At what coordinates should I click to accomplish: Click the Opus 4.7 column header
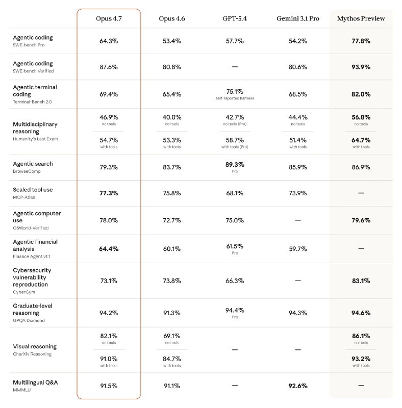coord(109,18)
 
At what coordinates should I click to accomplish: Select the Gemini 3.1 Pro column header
coord(298,18)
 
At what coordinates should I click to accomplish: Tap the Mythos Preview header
coord(361,18)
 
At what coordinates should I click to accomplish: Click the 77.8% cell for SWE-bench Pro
coord(361,40)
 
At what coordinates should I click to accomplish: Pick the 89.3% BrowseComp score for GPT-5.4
coord(235,165)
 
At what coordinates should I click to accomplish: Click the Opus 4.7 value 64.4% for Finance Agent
coord(109,249)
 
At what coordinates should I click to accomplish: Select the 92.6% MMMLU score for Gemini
coord(298,386)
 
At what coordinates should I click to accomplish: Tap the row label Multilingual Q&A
coord(35,382)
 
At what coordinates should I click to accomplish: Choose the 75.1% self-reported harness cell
coord(235,92)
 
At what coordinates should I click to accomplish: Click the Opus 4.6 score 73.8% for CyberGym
coord(171,280)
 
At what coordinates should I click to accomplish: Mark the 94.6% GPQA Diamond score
coord(361,313)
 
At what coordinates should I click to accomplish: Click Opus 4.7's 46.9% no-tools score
coord(109,117)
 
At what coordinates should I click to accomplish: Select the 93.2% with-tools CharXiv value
coord(361,359)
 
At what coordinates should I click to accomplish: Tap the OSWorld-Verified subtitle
coord(31,228)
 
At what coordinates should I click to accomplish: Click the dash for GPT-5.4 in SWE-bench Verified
coord(235,66)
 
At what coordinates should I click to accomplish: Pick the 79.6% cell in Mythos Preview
coord(361,220)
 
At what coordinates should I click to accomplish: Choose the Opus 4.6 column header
coord(171,18)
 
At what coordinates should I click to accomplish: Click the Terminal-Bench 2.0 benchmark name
coord(32,102)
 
